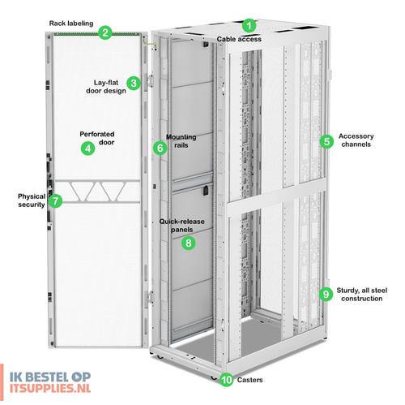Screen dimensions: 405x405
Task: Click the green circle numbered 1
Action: point(249,26)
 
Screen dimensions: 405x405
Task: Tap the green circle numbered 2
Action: point(104,33)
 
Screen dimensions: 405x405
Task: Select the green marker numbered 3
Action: point(134,83)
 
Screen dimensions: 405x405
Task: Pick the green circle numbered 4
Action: point(88,148)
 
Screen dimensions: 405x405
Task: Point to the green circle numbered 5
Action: point(326,141)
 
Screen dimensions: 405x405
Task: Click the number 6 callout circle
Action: point(160,148)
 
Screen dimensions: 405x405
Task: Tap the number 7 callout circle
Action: point(56,200)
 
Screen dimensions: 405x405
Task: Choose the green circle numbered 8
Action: point(188,243)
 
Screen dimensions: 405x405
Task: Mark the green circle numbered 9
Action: point(326,294)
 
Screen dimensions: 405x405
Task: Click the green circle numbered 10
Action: point(227,380)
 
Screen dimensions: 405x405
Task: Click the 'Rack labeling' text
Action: point(71,24)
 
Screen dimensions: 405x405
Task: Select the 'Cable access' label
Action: point(239,39)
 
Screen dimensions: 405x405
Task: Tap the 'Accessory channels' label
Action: point(356,140)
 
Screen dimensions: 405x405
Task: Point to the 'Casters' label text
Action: point(250,380)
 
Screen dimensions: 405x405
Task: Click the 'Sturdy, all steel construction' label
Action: point(362,295)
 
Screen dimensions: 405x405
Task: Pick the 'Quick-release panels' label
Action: point(181,226)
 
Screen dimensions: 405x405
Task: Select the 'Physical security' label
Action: point(32,200)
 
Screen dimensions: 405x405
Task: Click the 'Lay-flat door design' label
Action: point(106,87)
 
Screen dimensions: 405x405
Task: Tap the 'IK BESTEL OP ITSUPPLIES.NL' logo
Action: point(50,382)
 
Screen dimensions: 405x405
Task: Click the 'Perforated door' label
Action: point(97,138)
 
